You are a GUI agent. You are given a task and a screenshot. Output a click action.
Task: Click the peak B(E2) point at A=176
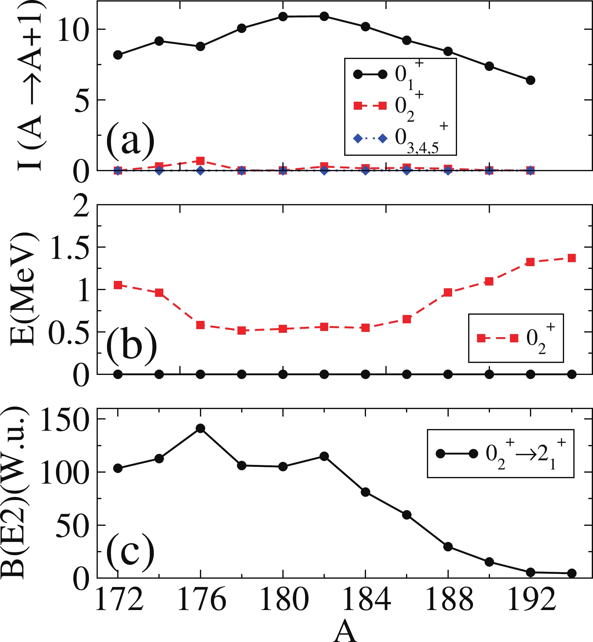point(201,428)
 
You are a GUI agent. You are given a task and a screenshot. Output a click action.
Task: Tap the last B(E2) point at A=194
point(571,573)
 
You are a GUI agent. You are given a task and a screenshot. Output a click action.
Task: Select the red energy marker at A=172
point(118,285)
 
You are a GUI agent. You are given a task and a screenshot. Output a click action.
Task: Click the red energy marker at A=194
point(571,258)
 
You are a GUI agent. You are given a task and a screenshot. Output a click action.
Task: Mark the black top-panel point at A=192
point(531,80)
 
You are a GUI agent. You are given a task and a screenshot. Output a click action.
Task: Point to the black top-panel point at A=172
point(118,55)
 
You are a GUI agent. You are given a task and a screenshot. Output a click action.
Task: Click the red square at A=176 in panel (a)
point(201,161)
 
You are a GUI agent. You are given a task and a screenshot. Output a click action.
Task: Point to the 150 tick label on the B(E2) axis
point(64,419)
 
